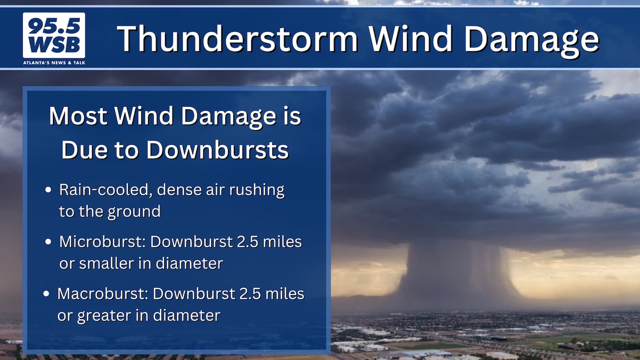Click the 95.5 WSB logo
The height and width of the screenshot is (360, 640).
54,35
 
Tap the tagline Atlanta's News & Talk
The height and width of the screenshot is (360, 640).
54,63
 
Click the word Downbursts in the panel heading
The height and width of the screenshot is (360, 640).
218,150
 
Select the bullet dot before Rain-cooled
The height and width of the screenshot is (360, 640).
48,189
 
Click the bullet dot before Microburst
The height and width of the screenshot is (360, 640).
48,242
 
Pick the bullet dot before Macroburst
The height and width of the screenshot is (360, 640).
46,294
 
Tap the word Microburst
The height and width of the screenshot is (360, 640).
103,242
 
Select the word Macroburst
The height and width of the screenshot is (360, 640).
103,294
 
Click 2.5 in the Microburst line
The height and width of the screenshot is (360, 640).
248,242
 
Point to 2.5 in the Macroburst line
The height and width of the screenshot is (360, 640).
250,294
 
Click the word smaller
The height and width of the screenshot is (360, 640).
107,263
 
